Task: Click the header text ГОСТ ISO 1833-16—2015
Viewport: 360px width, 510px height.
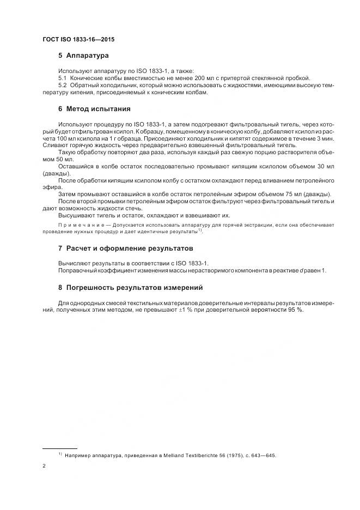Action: pos(78,40)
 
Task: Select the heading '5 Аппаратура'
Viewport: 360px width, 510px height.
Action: pos(83,56)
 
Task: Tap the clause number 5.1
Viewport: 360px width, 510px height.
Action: pos(62,78)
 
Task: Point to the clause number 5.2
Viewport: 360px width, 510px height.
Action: pos(62,85)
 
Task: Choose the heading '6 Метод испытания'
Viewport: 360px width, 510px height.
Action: pos(94,108)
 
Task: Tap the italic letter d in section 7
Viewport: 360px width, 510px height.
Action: pos(301,271)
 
